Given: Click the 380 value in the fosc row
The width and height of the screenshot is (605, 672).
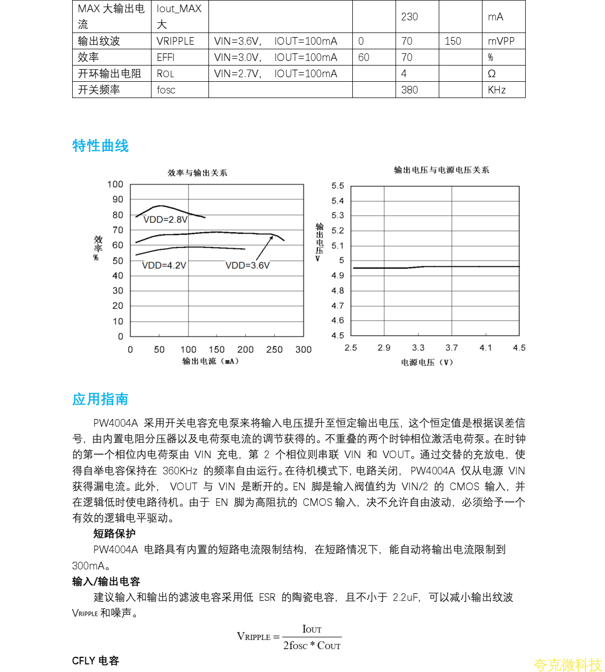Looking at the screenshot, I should pyautogui.click(x=409, y=90).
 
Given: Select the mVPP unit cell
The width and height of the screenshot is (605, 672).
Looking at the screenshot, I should pyautogui.click(x=501, y=41).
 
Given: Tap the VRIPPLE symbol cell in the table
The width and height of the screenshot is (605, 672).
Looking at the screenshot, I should pyautogui.click(x=175, y=41).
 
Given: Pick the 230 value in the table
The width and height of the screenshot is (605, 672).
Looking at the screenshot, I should pyautogui.click(x=409, y=17).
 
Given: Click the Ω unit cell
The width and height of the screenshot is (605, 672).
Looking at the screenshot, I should pyautogui.click(x=492, y=74).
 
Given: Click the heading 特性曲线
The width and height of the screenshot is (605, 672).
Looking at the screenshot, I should pyautogui.click(x=101, y=146).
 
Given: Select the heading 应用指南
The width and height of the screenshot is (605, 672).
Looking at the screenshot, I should pyautogui.click(x=100, y=399).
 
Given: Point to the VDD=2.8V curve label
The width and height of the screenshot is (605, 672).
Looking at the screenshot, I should pyautogui.click(x=165, y=219).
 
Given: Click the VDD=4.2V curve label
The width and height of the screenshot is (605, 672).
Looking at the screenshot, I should pyautogui.click(x=164, y=265).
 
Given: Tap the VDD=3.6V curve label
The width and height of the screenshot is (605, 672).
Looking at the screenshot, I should pyautogui.click(x=248, y=265).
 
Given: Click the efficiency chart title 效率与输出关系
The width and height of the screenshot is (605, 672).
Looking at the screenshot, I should pyautogui.click(x=197, y=173).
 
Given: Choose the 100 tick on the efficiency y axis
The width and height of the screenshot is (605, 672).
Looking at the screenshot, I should pyautogui.click(x=115, y=184).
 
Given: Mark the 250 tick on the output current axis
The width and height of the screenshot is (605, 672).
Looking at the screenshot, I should pyautogui.click(x=275, y=349).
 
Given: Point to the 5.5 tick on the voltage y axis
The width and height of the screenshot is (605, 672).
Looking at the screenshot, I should pyautogui.click(x=338, y=186).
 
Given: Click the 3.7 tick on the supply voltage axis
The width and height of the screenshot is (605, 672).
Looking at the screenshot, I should pyautogui.click(x=451, y=348).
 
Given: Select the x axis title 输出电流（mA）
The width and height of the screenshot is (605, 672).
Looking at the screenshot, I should pyautogui.click(x=210, y=361).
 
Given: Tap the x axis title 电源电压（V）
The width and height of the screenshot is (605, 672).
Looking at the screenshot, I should pyautogui.click(x=427, y=362).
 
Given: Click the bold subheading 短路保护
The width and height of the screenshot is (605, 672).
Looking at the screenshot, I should pyautogui.click(x=114, y=533).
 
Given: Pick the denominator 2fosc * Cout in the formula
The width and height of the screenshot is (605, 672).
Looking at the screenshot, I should pyautogui.click(x=312, y=646).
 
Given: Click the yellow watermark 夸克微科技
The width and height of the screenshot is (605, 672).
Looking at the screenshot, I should pyautogui.click(x=567, y=664).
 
